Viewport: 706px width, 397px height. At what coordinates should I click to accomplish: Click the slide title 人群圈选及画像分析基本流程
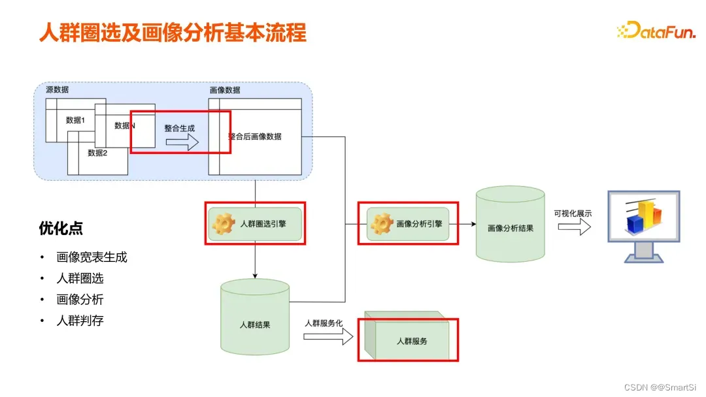point(173,32)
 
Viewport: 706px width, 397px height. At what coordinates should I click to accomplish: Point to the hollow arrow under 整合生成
point(182,143)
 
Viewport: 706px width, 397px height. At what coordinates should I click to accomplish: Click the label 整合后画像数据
point(255,136)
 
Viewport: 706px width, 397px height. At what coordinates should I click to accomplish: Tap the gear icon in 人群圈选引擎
point(224,223)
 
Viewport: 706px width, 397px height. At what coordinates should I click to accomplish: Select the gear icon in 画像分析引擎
point(382,224)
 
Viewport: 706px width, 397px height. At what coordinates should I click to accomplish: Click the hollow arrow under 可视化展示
point(575,227)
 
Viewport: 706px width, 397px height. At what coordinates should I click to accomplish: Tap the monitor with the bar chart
point(644,225)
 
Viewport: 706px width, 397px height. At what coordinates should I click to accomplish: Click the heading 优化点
point(61,229)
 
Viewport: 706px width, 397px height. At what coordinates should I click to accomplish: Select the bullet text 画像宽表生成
point(92,257)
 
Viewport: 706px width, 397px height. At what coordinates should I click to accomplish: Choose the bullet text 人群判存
point(80,321)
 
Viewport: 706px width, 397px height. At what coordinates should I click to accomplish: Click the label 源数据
point(57,89)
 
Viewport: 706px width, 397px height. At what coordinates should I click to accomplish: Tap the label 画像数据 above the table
point(224,90)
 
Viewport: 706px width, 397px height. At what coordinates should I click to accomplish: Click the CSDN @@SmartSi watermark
point(660,387)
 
